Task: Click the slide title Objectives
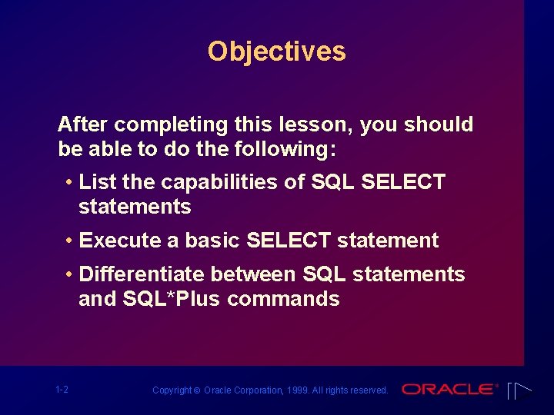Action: tap(276, 51)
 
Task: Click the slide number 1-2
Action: tap(62, 390)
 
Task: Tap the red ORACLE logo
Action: tap(450, 390)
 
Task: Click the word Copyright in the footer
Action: tap(172, 390)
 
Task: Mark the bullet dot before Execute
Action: tap(70, 241)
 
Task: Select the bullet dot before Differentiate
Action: tap(70, 274)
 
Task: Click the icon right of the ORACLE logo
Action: tap(520, 390)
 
